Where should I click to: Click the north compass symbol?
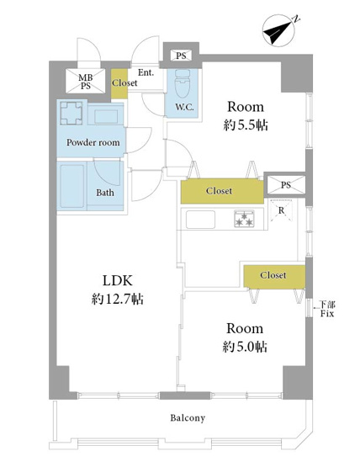coord(279,31)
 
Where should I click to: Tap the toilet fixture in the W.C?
coord(183,83)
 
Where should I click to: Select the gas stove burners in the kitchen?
coord(244,219)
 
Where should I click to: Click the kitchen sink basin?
coord(200,220)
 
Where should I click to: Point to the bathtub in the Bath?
coord(71,186)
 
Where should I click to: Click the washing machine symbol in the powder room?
coord(71,114)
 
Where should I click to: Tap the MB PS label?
coord(86,82)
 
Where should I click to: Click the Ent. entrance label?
coord(146,72)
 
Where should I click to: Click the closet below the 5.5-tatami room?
coord(222,191)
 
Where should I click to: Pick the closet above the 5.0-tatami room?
coord(274,276)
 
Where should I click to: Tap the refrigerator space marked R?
coord(281,211)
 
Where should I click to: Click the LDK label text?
coord(117,280)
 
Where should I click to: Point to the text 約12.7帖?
coord(117,299)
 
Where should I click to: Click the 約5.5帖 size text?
coord(246,125)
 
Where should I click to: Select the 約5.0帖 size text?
coord(245,347)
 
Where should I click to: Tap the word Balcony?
coord(188,418)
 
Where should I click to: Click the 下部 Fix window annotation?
coord(327,309)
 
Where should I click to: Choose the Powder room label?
coord(93,142)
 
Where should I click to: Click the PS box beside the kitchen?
coord(286,185)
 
